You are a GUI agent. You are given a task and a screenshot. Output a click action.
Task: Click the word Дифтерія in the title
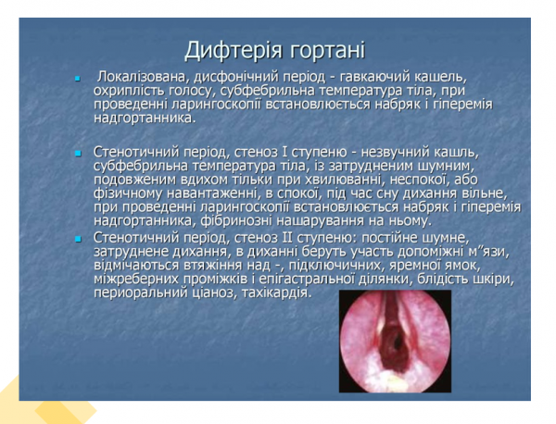[226, 49]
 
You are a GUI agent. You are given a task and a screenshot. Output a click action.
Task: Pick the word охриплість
[128, 90]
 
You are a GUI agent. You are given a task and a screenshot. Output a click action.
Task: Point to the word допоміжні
[415, 250]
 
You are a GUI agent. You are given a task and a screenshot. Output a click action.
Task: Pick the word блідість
[447, 279]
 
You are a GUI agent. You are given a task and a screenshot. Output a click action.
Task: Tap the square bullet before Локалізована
[80, 77]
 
